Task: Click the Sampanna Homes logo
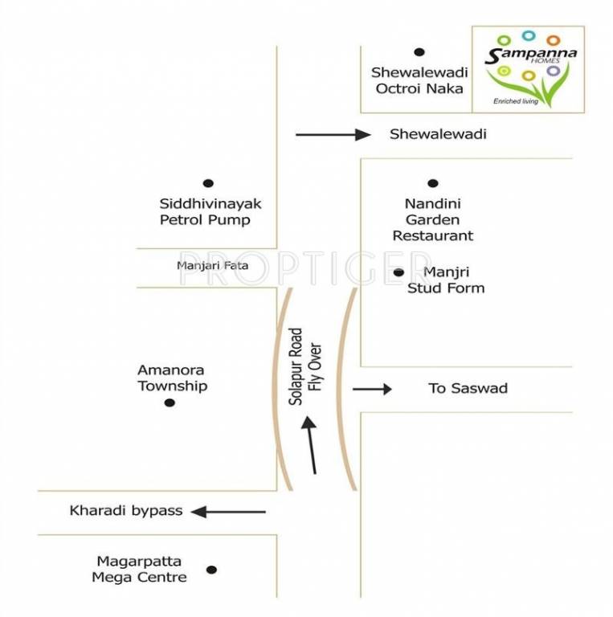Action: coord(527,67)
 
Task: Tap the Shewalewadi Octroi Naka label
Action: coord(419,80)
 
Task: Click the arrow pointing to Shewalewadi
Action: coord(333,134)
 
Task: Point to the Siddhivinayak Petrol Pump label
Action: coord(205,212)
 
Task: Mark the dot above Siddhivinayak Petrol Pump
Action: coord(208,183)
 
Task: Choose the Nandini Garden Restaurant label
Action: coord(432,220)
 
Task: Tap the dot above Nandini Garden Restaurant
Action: coord(433,183)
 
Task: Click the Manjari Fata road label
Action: coord(213,265)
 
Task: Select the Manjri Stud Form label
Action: coord(446,280)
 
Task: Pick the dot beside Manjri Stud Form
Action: coord(398,273)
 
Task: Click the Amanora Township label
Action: coord(171,378)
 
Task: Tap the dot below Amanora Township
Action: coord(170,402)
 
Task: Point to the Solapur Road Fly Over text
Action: coord(305,366)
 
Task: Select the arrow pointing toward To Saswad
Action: coord(372,389)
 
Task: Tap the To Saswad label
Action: coord(468,389)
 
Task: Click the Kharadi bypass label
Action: coord(126,510)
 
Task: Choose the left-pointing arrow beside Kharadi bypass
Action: coord(228,511)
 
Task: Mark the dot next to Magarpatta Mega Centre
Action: coord(211,570)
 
